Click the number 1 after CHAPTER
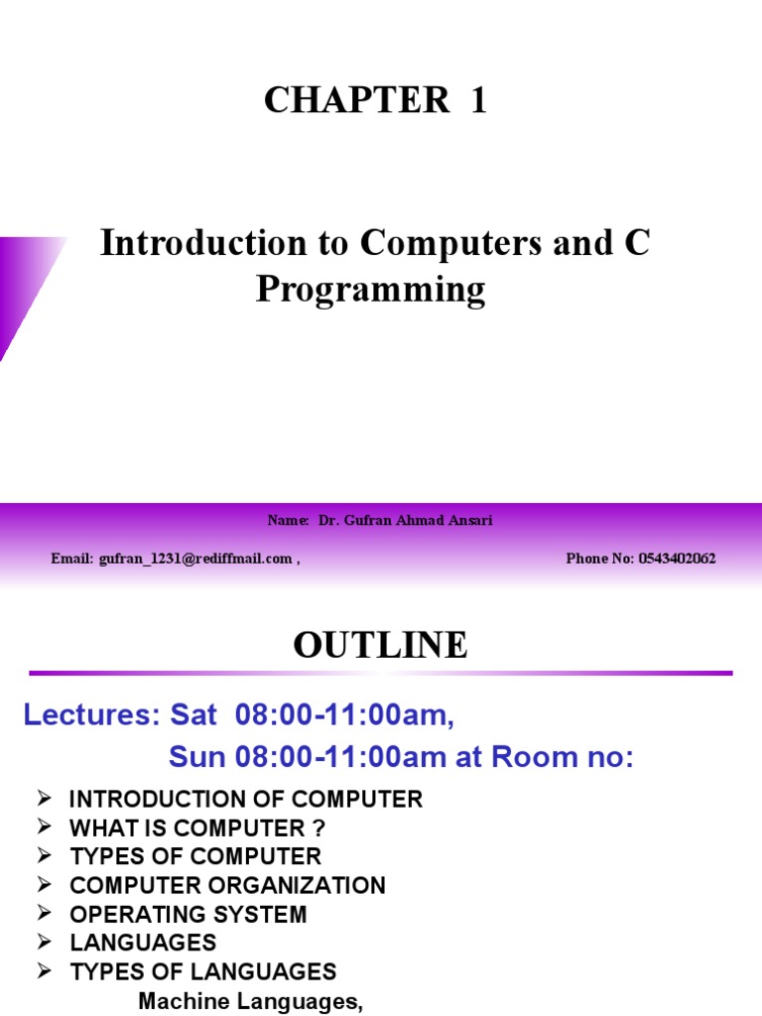tap(478, 100)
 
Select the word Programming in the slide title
tap(371, 291)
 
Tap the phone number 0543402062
tap(677, 559)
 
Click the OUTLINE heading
tap(380, 646)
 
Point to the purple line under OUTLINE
tap(380, 674)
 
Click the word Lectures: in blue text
tap(89, 715)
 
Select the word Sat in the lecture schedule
tap(193, 715)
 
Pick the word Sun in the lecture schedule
tap(197, 757)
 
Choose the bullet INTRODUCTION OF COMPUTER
tap(246, 799)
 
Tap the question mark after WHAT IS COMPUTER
tap(318, 827)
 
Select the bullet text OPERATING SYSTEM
tap(189, 914)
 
